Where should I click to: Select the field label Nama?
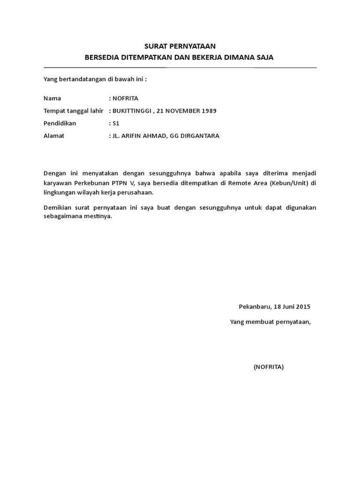point(52,98)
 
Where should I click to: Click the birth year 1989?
point(208,111)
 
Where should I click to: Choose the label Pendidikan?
point(60,123)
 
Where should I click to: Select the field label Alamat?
point(53,136)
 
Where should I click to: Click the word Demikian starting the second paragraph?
point(57,207)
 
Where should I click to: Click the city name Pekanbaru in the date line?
point(254,307)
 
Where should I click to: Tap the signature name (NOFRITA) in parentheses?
point(269,367)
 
